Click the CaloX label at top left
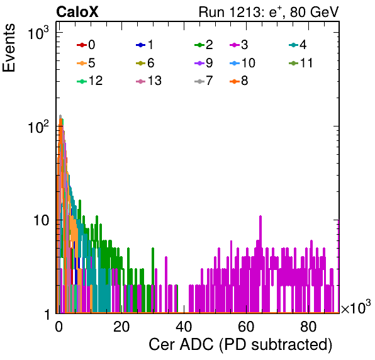(77, 12)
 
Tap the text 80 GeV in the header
(314, 12)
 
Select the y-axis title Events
(9, 48)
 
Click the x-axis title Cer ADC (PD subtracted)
(240, 345)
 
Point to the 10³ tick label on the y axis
(38, 33)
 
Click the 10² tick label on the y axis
(38, 127)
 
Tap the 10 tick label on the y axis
(41, 220)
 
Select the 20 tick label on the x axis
(121, 327)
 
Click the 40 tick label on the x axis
(184, 327)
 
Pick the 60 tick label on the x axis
(246, 327)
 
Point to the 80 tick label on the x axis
(308, 327)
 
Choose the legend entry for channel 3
(238, 45)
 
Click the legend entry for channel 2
(203, 45)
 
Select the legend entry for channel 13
(148, 81)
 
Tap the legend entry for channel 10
(242, 63)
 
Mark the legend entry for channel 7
(203, 81)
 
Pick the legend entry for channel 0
(86, 45)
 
